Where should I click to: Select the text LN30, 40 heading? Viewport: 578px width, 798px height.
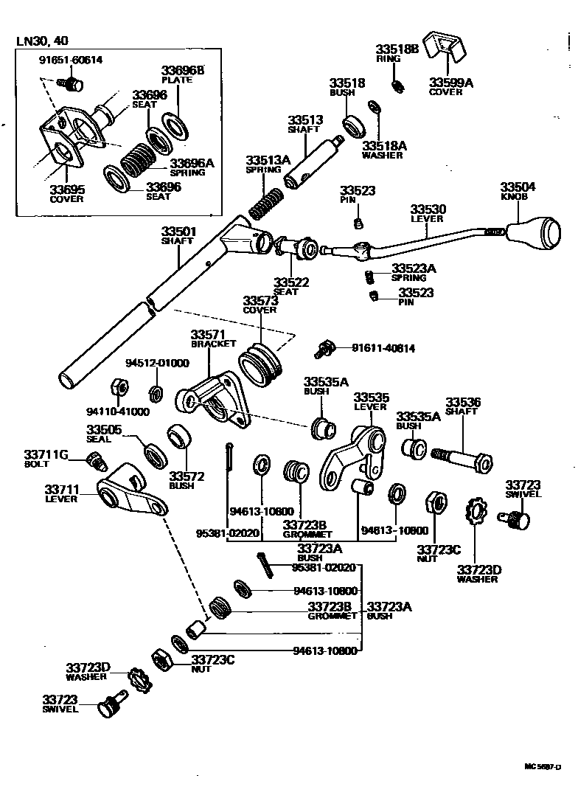46,41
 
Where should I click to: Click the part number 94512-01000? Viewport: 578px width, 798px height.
156,363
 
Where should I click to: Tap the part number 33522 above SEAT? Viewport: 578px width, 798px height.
291,282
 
